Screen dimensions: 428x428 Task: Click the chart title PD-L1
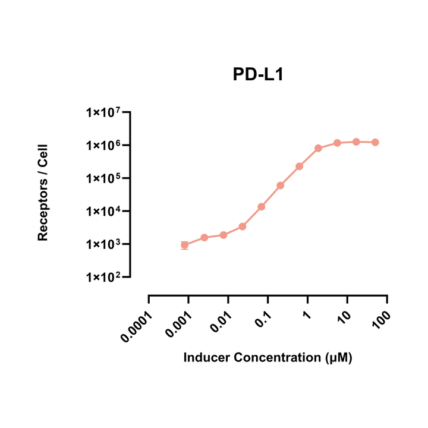[258, 74]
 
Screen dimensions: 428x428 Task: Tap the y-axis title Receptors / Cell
[43, 193]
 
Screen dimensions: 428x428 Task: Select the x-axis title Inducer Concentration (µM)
[267, 358]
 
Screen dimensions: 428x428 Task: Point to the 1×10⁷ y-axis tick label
[103, 112]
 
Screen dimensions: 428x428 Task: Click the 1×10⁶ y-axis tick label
[103, 145]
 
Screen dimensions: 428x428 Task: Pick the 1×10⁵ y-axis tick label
[103, 178]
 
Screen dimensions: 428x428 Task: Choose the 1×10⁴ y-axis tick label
[103, 211]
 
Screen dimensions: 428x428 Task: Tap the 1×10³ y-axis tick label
[103, 244]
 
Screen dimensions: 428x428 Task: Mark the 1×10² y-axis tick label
[103, 278]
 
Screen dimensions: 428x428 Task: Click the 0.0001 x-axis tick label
[137, 327]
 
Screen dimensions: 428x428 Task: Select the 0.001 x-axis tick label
[179, 325]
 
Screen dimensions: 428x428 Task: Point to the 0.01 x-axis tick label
[221, 322]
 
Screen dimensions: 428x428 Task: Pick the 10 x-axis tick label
[344, 317]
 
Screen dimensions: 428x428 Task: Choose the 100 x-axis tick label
[382, 320]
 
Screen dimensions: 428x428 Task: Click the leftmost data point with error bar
[184, 245]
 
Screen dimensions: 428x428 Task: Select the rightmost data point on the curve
[375, 142]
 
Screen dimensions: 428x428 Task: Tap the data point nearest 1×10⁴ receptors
[262, 207]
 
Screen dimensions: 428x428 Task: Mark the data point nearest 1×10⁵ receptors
[281, 185]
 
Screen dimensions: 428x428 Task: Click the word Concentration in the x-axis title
[277, 357]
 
